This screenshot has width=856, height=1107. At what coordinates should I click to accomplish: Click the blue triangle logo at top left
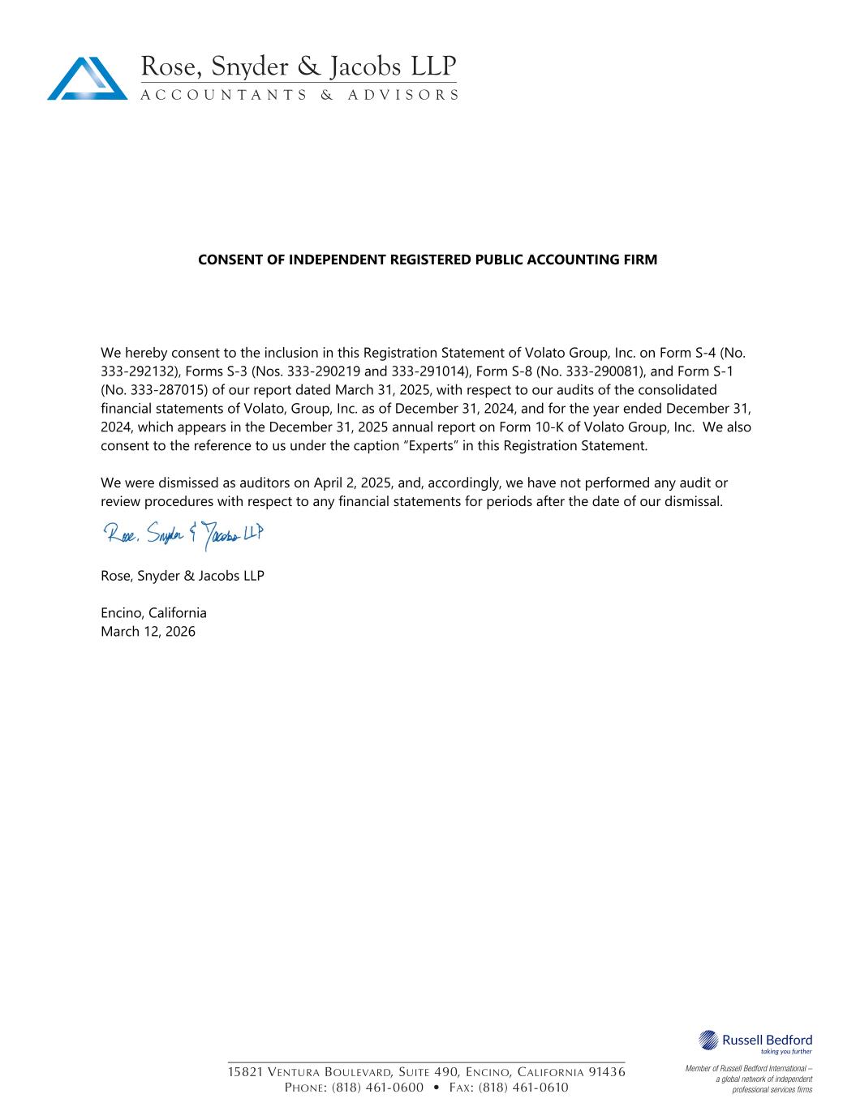(88, 79)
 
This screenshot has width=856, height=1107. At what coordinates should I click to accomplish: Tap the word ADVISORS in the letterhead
(403, 95)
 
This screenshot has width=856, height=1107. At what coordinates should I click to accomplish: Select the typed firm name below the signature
(183, 576)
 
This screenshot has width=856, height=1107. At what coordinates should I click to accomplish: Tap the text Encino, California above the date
(153, 613)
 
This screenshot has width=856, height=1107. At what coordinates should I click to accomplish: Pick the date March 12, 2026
(148, 632)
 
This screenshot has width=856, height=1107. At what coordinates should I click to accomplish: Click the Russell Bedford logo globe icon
(708, 1040)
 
